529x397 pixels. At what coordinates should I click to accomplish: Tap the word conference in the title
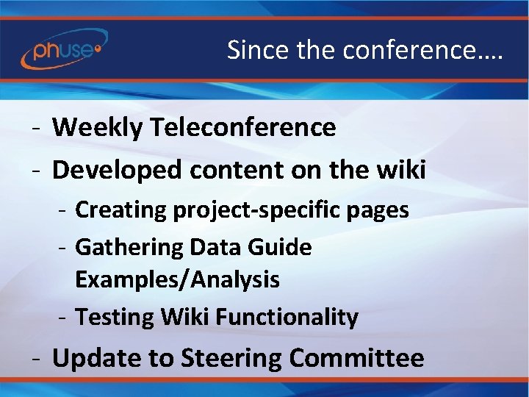416,50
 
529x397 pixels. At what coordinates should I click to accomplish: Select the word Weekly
97,128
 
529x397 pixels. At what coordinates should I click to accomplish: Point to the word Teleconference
242,128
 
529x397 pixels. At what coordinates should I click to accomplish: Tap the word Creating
121,210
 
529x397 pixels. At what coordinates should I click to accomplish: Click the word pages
375,210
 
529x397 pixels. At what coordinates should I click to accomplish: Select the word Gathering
129,248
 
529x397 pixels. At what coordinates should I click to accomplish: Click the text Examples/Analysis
177,279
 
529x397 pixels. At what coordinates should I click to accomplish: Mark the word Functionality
286,318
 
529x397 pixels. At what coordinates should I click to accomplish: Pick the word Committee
356,359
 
